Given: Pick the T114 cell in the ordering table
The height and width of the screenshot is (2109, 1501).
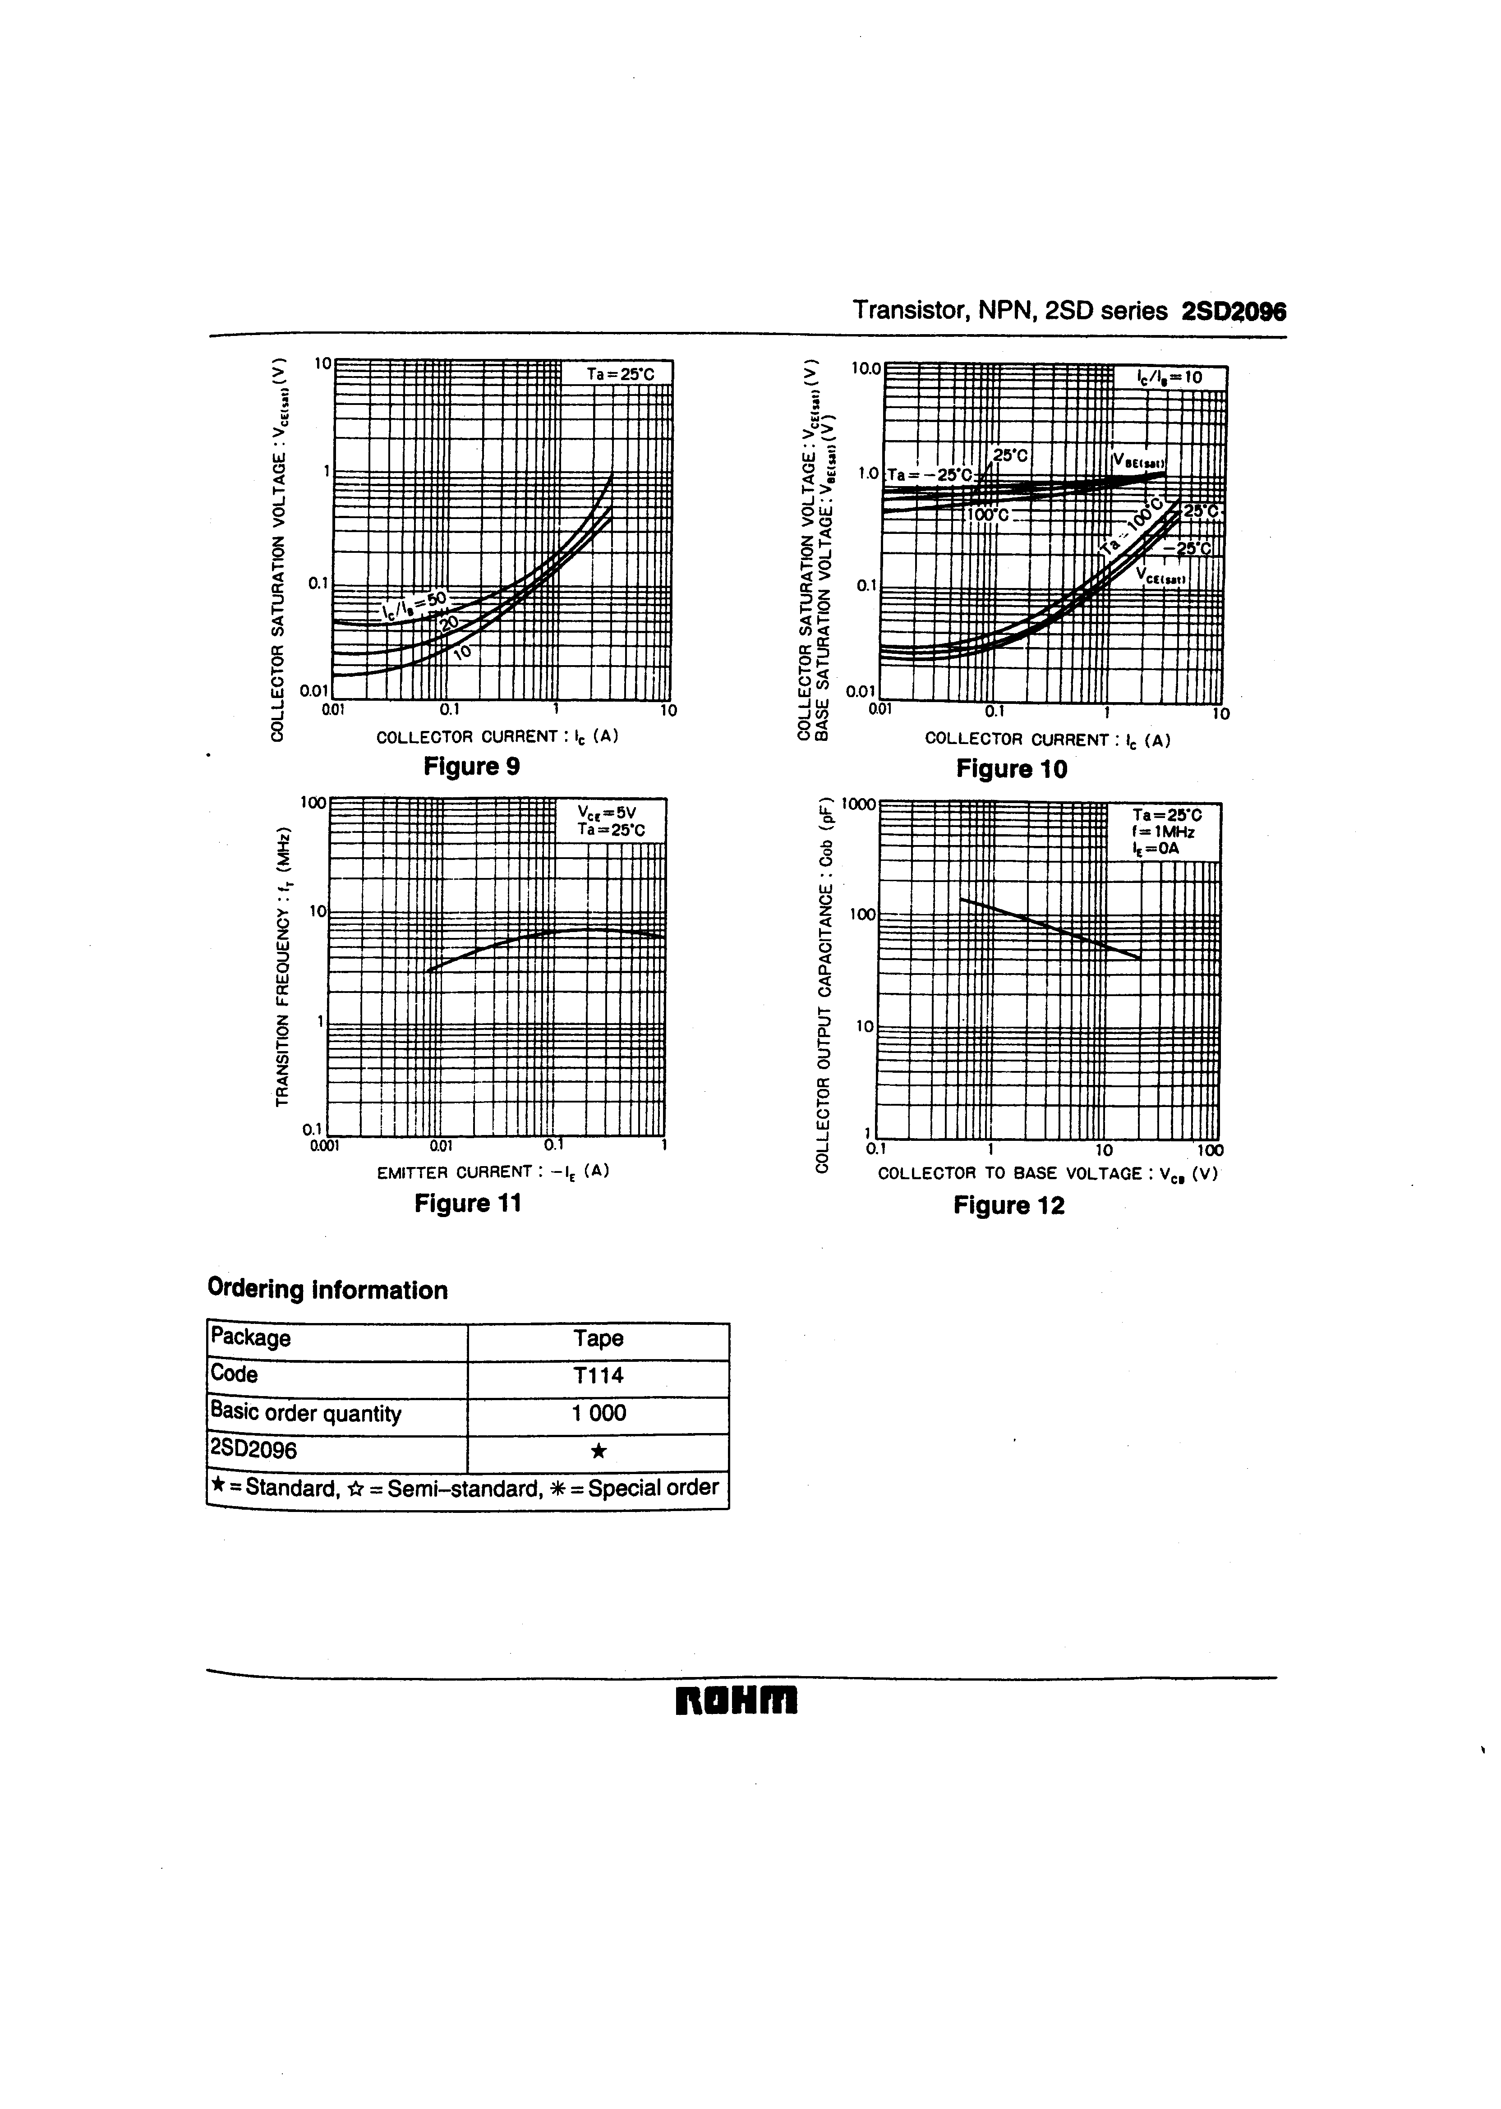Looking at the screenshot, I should [598, 1375].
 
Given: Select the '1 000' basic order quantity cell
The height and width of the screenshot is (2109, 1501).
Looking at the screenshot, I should [598, 1413].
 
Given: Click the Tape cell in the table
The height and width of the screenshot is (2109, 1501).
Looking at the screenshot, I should [598, 1338].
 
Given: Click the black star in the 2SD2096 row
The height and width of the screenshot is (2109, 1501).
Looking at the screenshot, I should [598, 1451].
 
